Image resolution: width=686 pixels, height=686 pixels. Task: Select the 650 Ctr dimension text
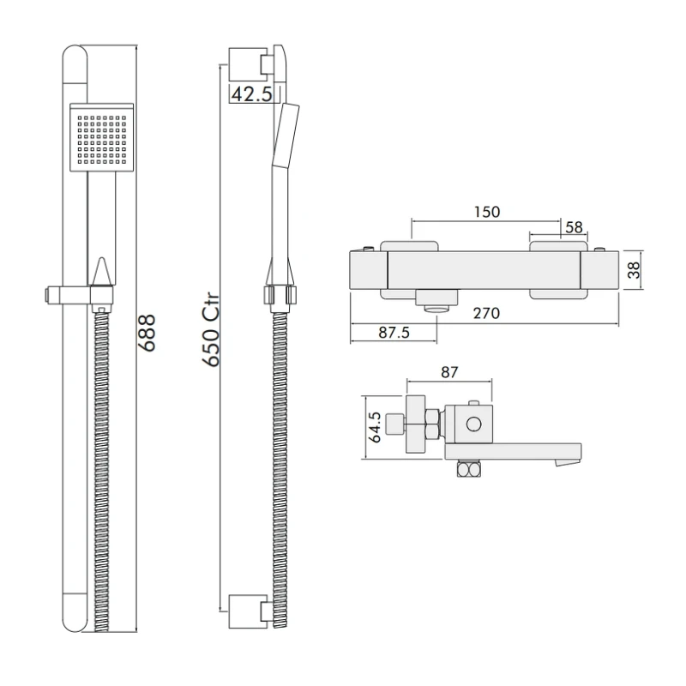point(212,331)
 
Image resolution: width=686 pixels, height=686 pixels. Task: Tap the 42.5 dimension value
point(252,94)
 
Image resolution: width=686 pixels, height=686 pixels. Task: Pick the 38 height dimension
point(634,271)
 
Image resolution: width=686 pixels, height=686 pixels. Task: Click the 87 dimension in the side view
point(449,372)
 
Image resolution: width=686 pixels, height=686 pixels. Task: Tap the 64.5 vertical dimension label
point(375,426)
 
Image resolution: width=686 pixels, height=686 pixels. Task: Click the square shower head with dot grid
point(101,138)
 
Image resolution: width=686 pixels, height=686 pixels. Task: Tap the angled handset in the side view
point(286,133)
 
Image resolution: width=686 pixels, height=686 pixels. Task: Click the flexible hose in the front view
point(101,463)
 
